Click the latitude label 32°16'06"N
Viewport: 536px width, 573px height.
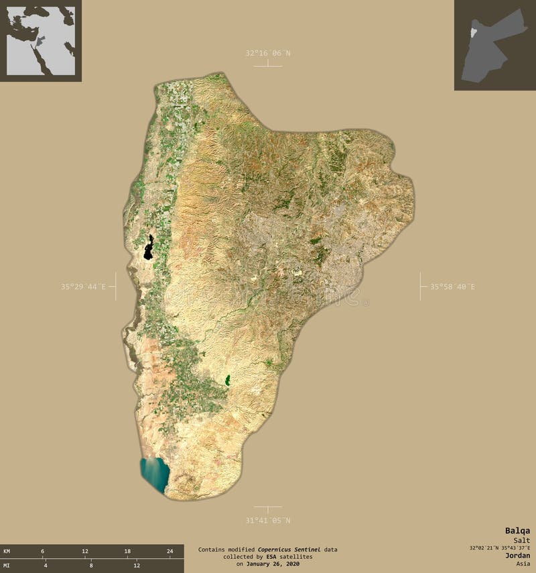tap(268, 53)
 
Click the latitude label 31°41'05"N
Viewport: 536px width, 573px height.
tap(268, 520)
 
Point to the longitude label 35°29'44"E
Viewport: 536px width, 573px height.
tap(83, 286)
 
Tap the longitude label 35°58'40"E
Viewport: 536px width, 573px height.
tap(452, 286)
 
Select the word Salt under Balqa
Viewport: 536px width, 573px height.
tap(521, 540)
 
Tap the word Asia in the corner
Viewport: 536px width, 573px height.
tap(523, 564)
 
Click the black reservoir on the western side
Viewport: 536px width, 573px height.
tap(148, 248)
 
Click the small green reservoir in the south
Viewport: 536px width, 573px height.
tap(227, 381)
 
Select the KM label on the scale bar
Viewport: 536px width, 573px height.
tap(7, 551)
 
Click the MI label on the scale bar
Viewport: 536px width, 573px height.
tap(7, 566)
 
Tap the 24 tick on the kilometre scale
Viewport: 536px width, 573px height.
tap(170, 551)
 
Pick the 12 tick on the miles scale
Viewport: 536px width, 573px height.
tap(137, 566)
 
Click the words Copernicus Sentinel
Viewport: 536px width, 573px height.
tap(289, 550)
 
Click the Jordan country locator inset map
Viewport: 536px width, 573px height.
tap(494, 45)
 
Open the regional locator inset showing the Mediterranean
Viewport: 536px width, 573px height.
tap(41, 41)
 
